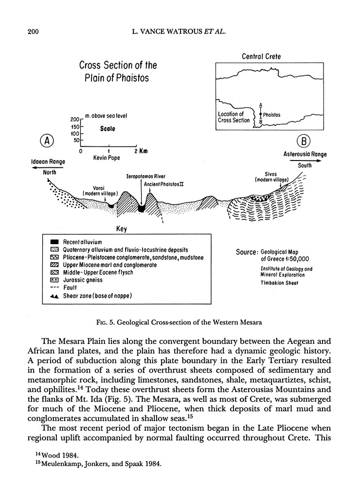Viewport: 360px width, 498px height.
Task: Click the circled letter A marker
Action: pos(47,141)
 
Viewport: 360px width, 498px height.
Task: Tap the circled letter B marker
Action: pos(304,141)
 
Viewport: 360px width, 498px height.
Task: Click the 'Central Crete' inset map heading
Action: pos(261,57)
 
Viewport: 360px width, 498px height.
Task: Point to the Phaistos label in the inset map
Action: pos(271,115)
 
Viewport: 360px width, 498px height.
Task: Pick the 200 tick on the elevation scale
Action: pos(74,119)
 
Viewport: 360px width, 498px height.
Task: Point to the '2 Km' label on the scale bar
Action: pos(142,151)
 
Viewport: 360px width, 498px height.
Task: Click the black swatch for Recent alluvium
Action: pos(55,242)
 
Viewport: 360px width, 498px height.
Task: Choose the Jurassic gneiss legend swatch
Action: pos(55,280)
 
